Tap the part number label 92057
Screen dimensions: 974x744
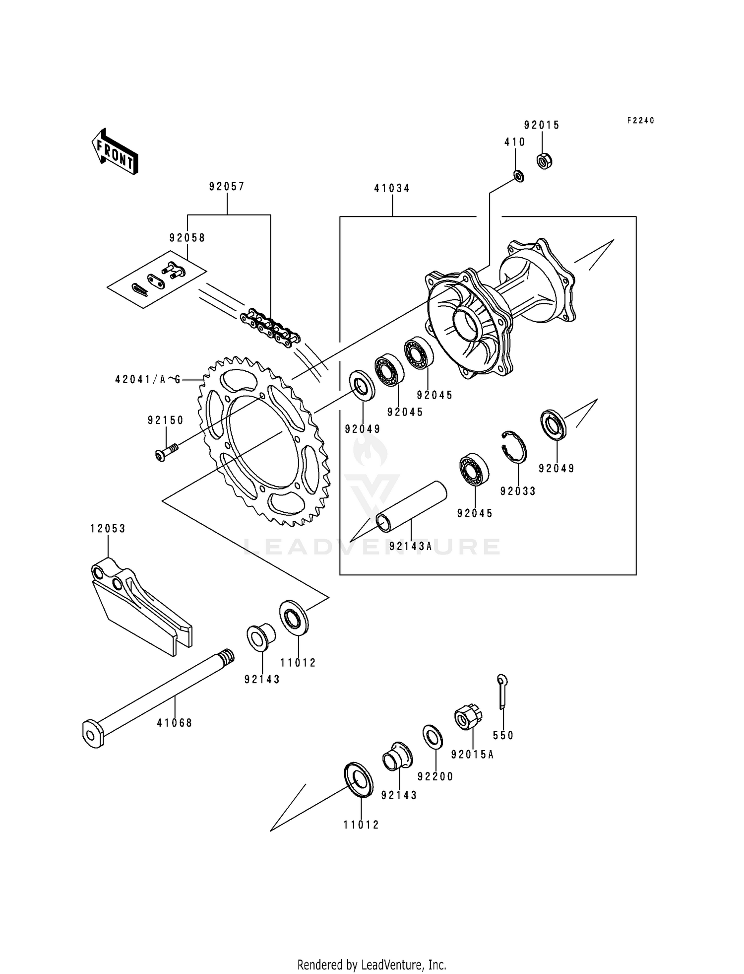(227, 187)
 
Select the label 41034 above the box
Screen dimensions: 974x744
(392, 189)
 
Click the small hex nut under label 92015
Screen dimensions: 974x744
(545, 161)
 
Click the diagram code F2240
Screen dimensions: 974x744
(640, 121)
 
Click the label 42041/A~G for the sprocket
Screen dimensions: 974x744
(147, 380)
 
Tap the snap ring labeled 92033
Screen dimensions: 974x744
(514, 445)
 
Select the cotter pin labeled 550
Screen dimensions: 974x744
(502, 692)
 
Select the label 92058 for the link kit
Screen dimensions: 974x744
(187, 238)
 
